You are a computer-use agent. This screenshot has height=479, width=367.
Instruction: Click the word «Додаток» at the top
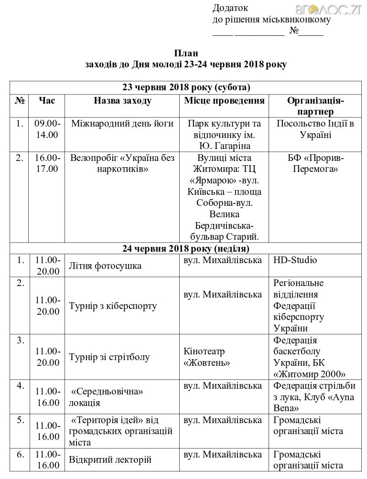[x=230, y=8]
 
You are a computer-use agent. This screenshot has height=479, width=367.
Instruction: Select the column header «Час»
[x=47, y=100]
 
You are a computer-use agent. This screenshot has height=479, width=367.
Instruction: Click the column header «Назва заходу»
[x=123, y=100]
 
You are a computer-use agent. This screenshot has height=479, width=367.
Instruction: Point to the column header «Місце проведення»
[x=224, y=100]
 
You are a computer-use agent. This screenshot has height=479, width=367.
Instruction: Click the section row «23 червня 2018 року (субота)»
[x=186, y=87]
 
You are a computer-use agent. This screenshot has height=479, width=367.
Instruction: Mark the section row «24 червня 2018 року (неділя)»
[x=186, y=249]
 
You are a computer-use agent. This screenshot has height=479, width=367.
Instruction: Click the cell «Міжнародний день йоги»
[x=122, y=124]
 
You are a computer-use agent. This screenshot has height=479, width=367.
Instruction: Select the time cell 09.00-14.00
[x=47, y=129]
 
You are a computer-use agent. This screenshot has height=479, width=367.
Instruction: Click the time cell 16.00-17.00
[x=47, y=163]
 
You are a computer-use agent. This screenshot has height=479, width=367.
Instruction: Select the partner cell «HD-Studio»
[x=295, y=260]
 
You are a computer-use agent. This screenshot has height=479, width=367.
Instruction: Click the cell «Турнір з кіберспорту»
[x=113, y=306]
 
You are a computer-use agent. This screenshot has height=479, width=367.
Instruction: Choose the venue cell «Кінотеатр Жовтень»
[x=206, y=357]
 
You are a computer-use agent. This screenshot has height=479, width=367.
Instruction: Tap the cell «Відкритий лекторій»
[x=110, y=460]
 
